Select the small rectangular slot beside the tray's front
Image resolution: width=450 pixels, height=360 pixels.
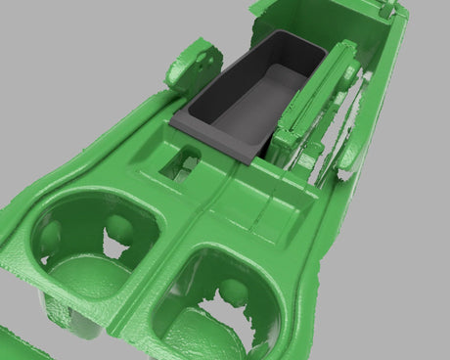[183, 158]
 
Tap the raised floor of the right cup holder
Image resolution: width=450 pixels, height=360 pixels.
[201, 328]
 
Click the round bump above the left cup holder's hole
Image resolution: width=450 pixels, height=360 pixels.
[119, 227]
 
